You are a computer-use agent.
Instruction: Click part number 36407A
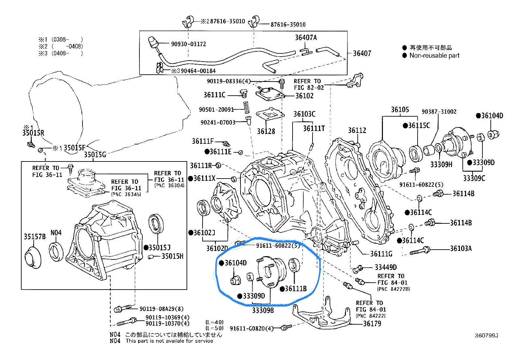coord(306,37)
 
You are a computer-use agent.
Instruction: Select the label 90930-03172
coord(189,44)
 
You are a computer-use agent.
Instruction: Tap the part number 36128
coord(266,131)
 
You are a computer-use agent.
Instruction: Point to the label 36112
coord(357,131)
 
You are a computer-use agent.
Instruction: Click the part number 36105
coord(400,110)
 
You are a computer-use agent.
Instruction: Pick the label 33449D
coord(386,267)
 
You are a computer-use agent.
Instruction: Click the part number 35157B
coord(35,236)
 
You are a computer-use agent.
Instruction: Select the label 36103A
coord(461,249)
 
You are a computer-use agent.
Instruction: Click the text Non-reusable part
coord(434,56)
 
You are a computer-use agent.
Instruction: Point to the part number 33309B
coord(263,310)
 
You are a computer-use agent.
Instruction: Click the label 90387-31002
coord(439,112)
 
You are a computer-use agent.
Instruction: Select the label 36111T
coord(314,128)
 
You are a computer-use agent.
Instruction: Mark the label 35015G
coord(95,155)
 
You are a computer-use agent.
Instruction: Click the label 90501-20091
coord(216,110)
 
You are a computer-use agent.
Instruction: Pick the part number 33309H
coord(441,164)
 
